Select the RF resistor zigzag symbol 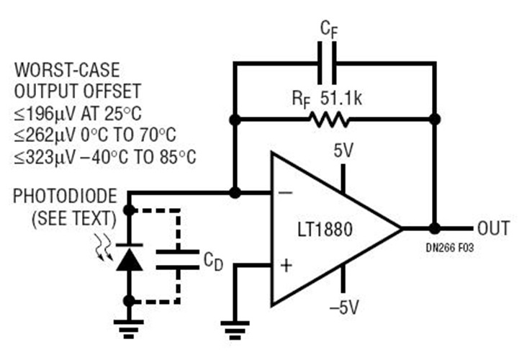click(330, 118)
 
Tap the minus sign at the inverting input click(286, 193)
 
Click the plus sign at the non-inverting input click(286, 266)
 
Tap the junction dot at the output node click(435, 229)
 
